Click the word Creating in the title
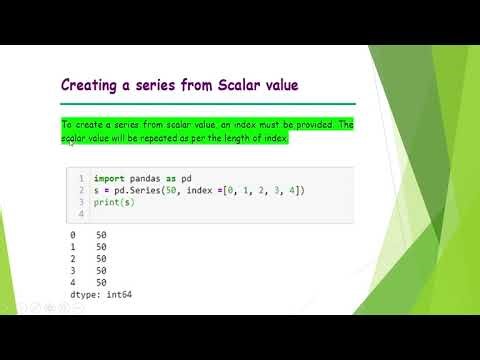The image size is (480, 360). [x=92, y=87]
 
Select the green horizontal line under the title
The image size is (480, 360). [x=208, y=103]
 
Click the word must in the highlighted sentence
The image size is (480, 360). [x=251, y=124]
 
